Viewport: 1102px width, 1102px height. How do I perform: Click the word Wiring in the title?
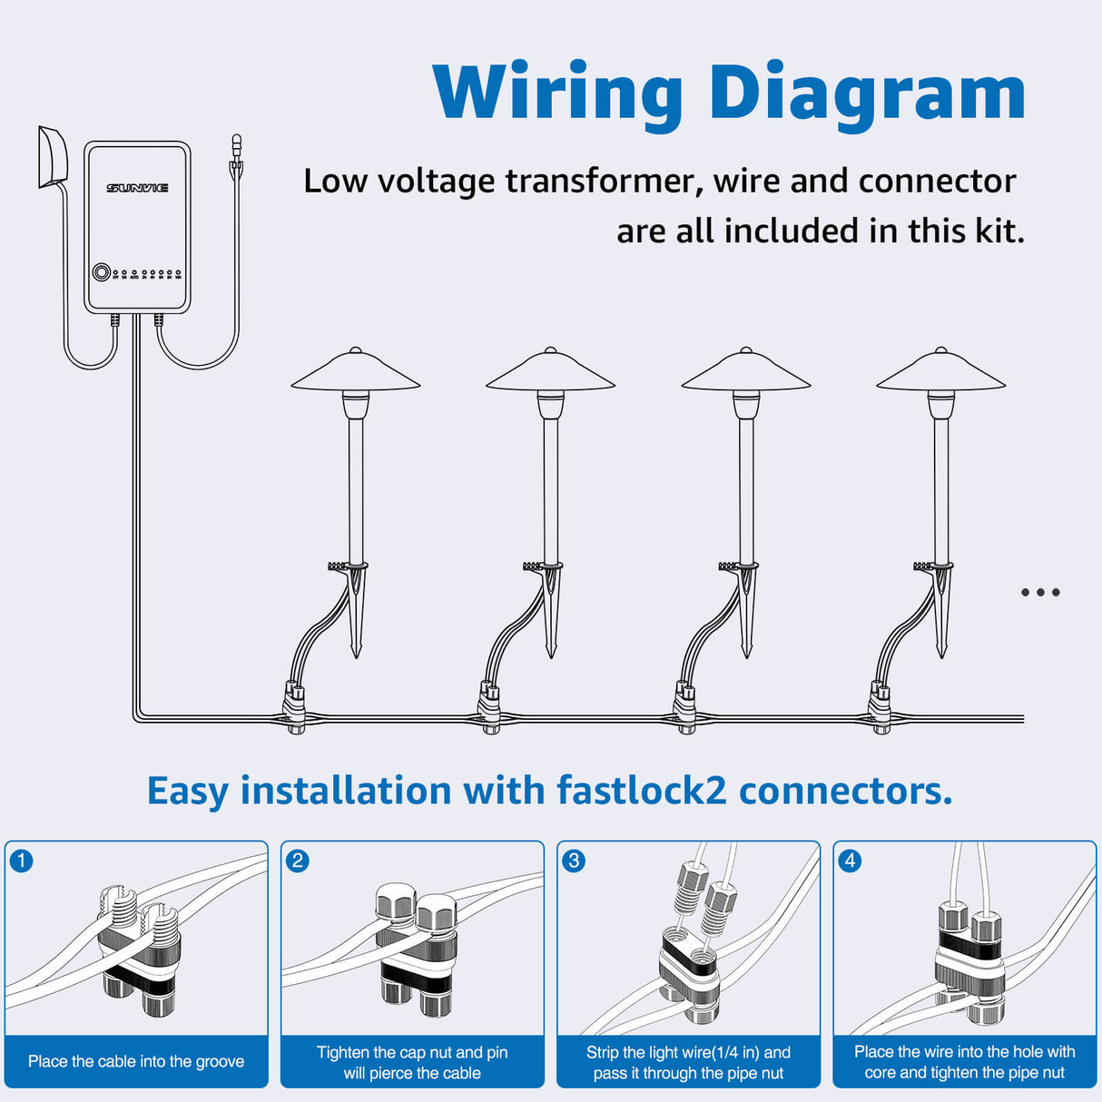click(557, 93)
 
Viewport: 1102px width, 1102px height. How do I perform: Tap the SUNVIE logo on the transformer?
click(137, 188)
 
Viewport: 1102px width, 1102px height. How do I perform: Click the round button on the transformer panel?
click(102, 272)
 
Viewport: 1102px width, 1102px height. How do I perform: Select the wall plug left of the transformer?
click(52, 158)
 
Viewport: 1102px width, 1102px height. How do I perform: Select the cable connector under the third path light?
click(686, 708)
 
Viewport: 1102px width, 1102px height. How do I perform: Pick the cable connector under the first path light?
click(295, 708)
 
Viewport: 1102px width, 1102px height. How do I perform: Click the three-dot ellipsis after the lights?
click(1040, 593)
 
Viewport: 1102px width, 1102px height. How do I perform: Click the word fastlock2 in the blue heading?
click(641, 791)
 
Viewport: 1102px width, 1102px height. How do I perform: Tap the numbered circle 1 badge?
click(22, 861)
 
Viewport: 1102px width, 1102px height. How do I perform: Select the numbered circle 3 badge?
click(574, 861)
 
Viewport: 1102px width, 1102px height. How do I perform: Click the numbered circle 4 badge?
click(850, 861)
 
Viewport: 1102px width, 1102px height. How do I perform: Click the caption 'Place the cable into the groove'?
click(136, 1061)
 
